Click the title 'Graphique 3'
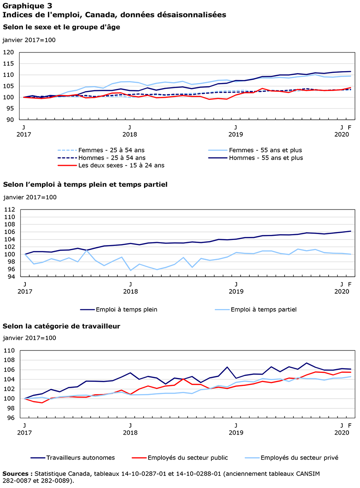25,6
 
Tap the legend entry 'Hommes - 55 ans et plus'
266,158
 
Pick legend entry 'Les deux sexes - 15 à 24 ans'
121,165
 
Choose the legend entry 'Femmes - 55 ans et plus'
265,150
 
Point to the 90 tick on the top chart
10,120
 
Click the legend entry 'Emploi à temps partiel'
263,309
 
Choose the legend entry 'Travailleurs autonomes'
80,458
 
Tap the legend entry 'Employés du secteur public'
188,458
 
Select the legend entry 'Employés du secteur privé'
299,458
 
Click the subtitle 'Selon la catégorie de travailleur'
61,326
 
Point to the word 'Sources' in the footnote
16,473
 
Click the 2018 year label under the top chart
130,134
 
